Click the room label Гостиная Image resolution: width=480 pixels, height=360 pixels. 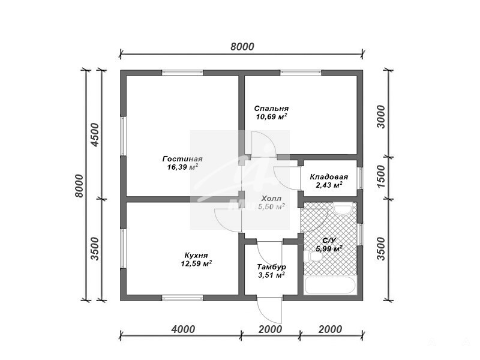click(182, 159)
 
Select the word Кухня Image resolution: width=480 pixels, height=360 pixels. click(196, 256)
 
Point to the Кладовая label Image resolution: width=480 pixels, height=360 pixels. click(329, 177)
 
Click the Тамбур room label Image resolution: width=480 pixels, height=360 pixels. click(272, 267)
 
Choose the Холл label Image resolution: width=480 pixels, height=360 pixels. click(272, 199)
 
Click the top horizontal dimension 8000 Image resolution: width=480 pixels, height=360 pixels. click(242, 47)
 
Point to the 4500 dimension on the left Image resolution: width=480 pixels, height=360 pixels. click(95, 134)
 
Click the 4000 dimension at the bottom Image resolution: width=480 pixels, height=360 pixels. click(183, 329)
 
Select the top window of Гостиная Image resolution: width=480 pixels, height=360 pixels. click(182, 73)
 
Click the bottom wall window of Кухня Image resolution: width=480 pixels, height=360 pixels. click(182, 298)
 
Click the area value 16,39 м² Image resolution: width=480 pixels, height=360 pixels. click(182, 167)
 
